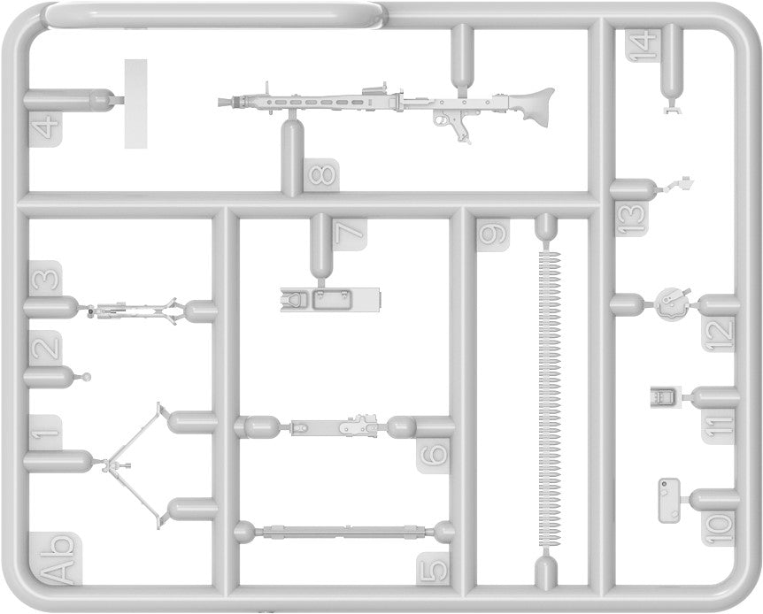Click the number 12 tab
pyautogui.click(x=721, y=332)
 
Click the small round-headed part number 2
pyautogui.click(x=86, y=378)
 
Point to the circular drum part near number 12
pyautogui.click(x=672, y=303)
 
